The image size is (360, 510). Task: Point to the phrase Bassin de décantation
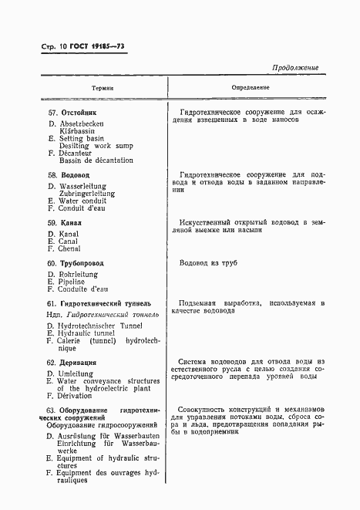coord(96,160)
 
